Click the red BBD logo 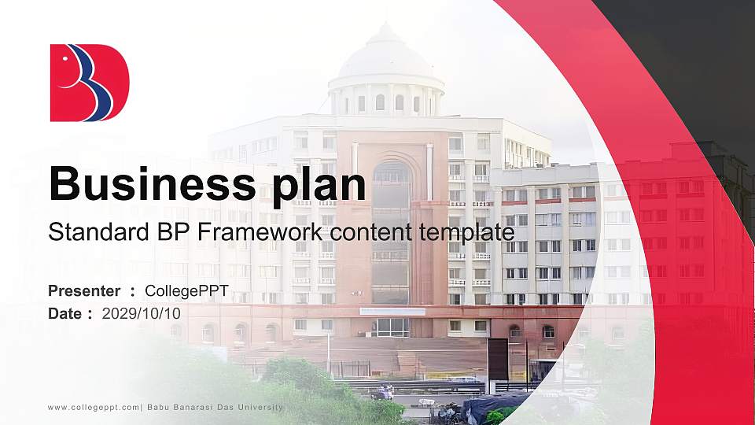(x=89, y=83)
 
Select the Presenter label (x=84, y=291)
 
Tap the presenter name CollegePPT (x=187, y=291)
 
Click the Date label (x=65, y=313)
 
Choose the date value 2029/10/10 (x=142, y=313)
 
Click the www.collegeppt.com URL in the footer (x=94, y=407)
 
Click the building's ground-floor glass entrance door (x=391, y=327)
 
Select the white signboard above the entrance (x=392, y=312)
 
